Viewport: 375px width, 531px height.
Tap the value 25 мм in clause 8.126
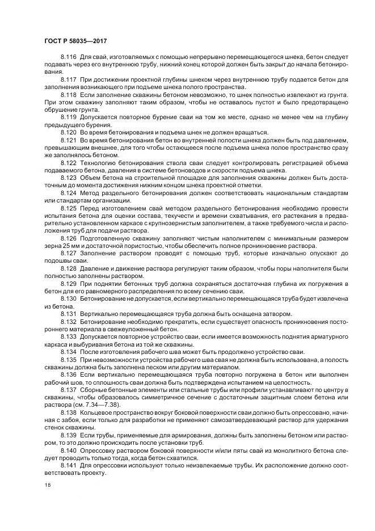(57, 247)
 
